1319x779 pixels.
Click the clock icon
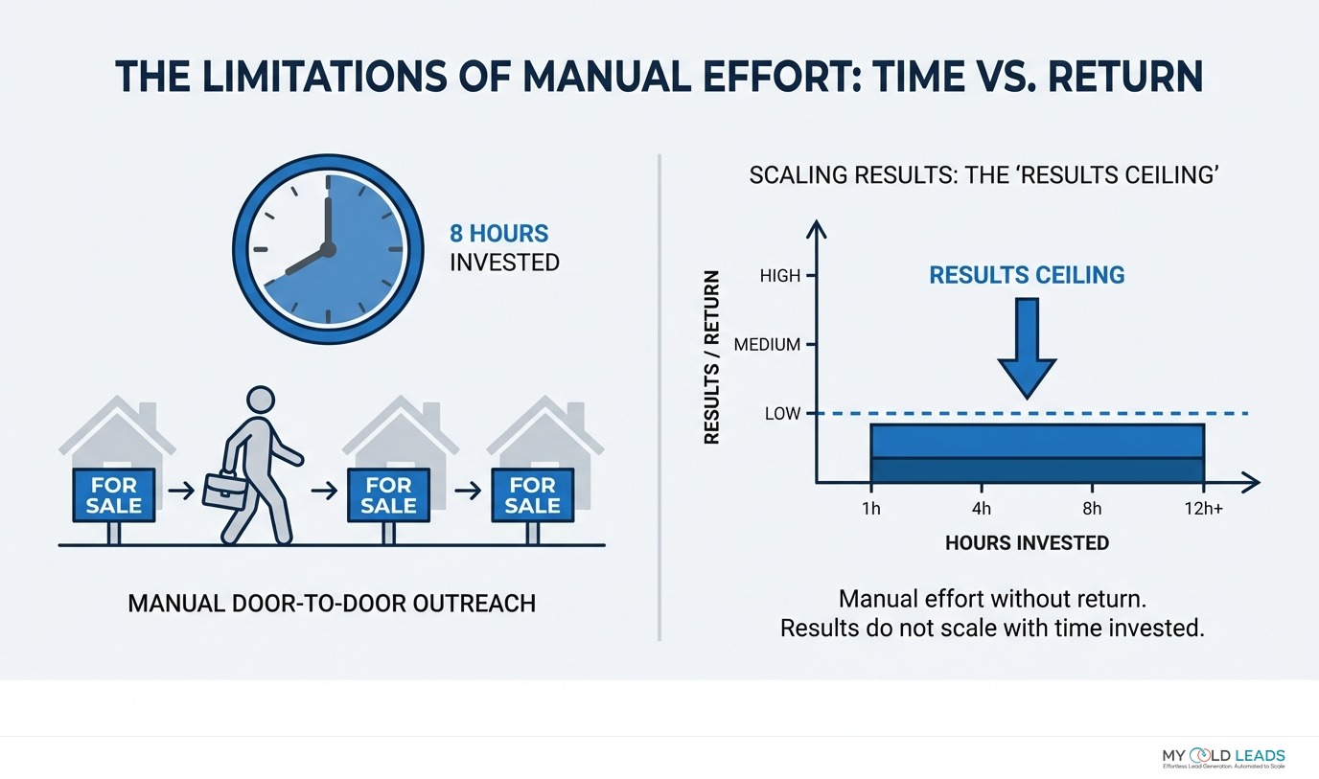click(328, 249)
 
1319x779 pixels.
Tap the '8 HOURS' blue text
click(499, 233)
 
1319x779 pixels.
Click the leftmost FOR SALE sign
click(113, 494)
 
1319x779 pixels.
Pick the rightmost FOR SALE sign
click(532, 494)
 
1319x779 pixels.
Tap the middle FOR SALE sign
click(387, 494)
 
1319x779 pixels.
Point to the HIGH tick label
click(779, 276)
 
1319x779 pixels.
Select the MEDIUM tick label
click(767, 345)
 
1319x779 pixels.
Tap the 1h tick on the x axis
click(870, 508)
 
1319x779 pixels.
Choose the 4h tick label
click(981, 508)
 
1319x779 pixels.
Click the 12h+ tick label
click(1204, 508)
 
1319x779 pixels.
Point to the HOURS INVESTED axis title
click(1027, 543)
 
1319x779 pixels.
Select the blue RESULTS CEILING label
click(1027, 275)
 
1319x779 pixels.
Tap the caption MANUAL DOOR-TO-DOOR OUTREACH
click(332, 604)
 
